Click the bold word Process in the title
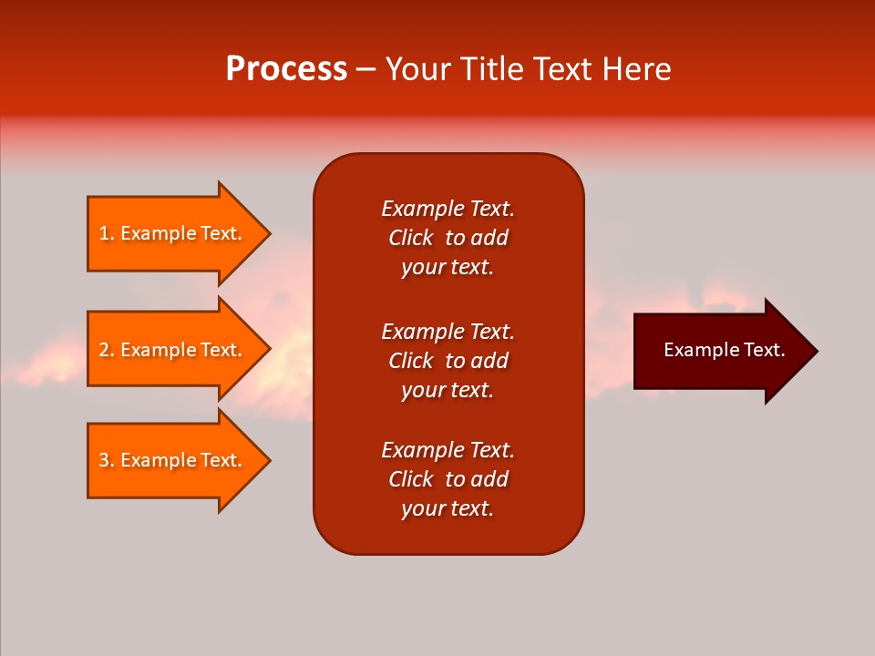[286, 69]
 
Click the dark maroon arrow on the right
[720, 351]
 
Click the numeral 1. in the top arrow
[107, 233]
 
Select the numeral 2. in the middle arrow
[107, 350]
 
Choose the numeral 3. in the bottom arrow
[107, 460]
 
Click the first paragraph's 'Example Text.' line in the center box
[448, 209]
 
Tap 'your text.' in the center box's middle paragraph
[448, 390]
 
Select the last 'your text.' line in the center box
[448, 508]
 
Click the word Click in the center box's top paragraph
[410, 238]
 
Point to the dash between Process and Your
[365, 69]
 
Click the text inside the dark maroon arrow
[724, 350]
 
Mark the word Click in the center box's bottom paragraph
[410, 479]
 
